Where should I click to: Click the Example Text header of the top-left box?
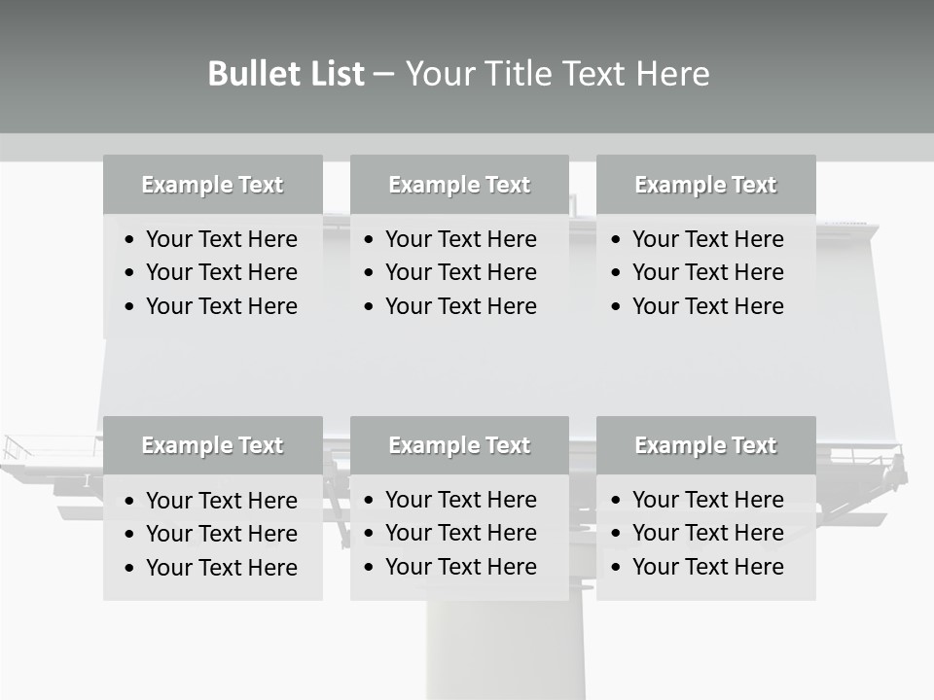tap(212, 185)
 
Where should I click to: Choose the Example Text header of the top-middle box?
tap(459, 185)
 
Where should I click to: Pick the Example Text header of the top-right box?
tap(705, 185)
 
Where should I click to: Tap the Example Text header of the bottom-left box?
tap(212, 445)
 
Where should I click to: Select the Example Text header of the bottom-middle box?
tap(459, 445)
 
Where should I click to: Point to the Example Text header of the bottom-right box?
tap(705, 445)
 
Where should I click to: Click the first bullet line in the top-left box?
tap(221, 239)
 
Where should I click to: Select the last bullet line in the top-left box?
tap(221, 306)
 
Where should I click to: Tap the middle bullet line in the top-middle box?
tap(460, 272)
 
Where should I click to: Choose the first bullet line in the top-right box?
tap(707, 239)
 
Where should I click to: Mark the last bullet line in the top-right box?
tap(707, 306)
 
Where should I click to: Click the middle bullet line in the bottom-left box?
tap(221, 534)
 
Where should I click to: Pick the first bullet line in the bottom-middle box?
tap(460, 500)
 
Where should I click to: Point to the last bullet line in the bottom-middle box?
tap(460, 567)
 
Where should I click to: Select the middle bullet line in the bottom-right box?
tap(707, 533)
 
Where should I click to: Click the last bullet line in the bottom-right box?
tap(707, 567)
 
